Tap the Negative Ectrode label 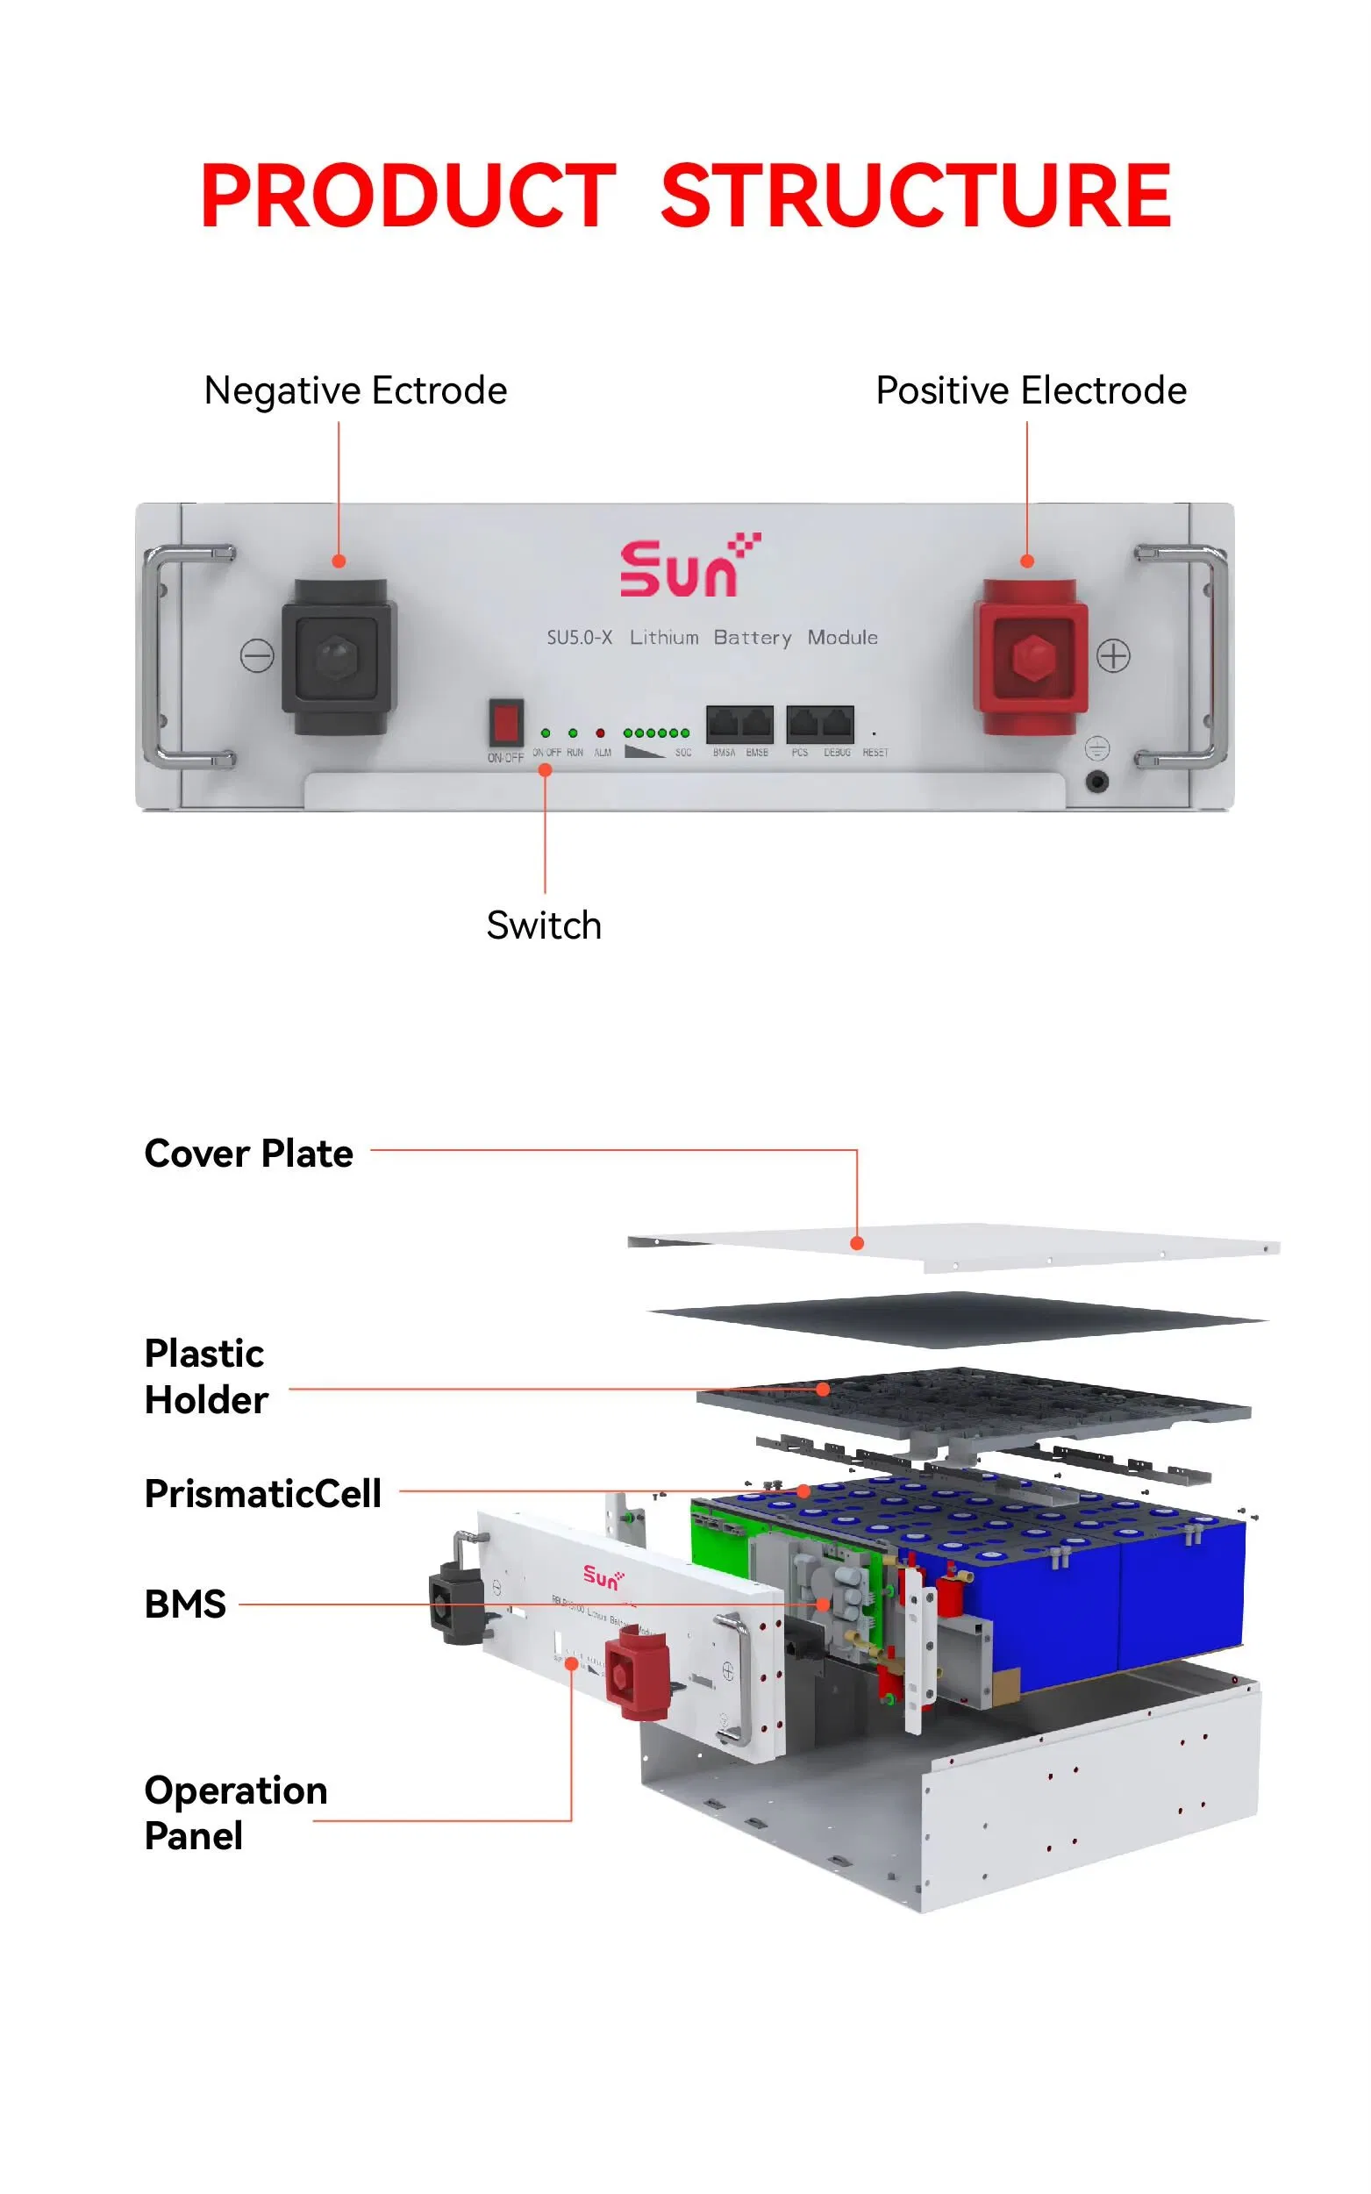coord(355,390)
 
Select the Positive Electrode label coord(1030,390)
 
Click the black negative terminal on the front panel coord(339,656)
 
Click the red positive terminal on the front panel coord(1031,656)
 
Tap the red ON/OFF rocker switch coord(506,723)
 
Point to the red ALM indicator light coord(600,733)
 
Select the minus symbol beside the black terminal coord(257,654)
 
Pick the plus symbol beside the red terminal coord(1112,654)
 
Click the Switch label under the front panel coord(543,925)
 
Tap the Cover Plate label coord(248,1154)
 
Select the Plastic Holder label coord(206,1376)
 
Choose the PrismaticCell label coord(263,1493)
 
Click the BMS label coord(185,1604)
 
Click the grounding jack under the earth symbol coord(1097,781)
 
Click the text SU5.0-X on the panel coord(579,638)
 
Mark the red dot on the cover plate coord(857,1243)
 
